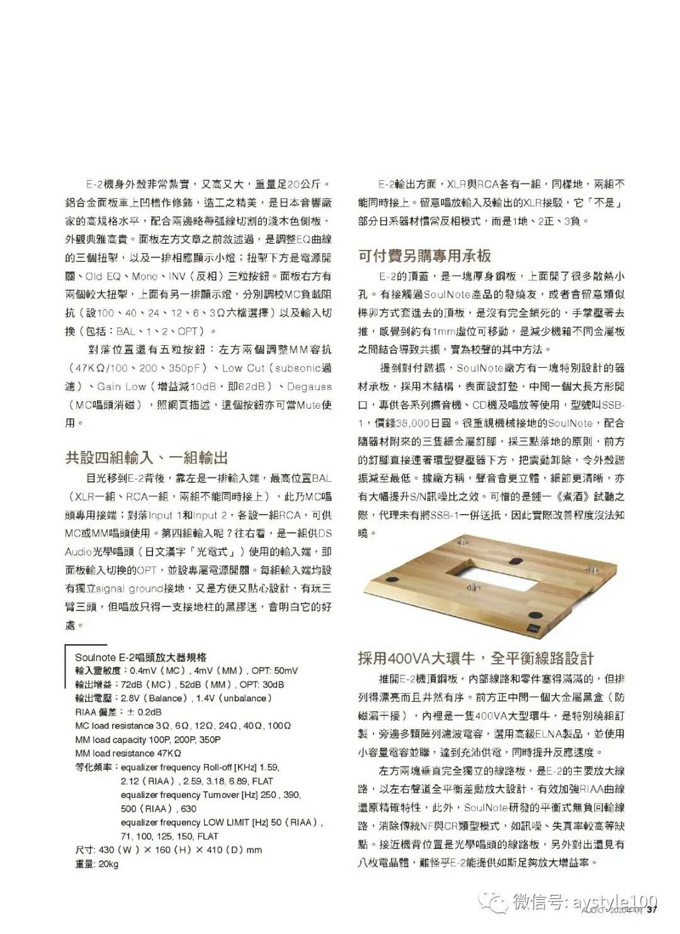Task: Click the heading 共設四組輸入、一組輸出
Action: click(x=146, y=457)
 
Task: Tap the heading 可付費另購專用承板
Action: click(x=424, y=256)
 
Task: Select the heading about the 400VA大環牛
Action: click(x=475, y=658)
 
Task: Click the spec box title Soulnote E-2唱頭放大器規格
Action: click(x=140, y=657)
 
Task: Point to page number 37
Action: click(x=652, y=909)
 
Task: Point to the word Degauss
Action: click(x=309, y=387)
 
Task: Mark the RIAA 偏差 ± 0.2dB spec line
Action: click(x=118, y=712)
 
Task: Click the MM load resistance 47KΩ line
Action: click(x=128, y=753)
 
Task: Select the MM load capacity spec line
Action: click(x=148, y=739)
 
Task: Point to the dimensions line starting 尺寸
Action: click(x=168, y=850)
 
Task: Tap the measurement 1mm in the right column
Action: click(x=444, y=331)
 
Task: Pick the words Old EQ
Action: click(x=102, y=276)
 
